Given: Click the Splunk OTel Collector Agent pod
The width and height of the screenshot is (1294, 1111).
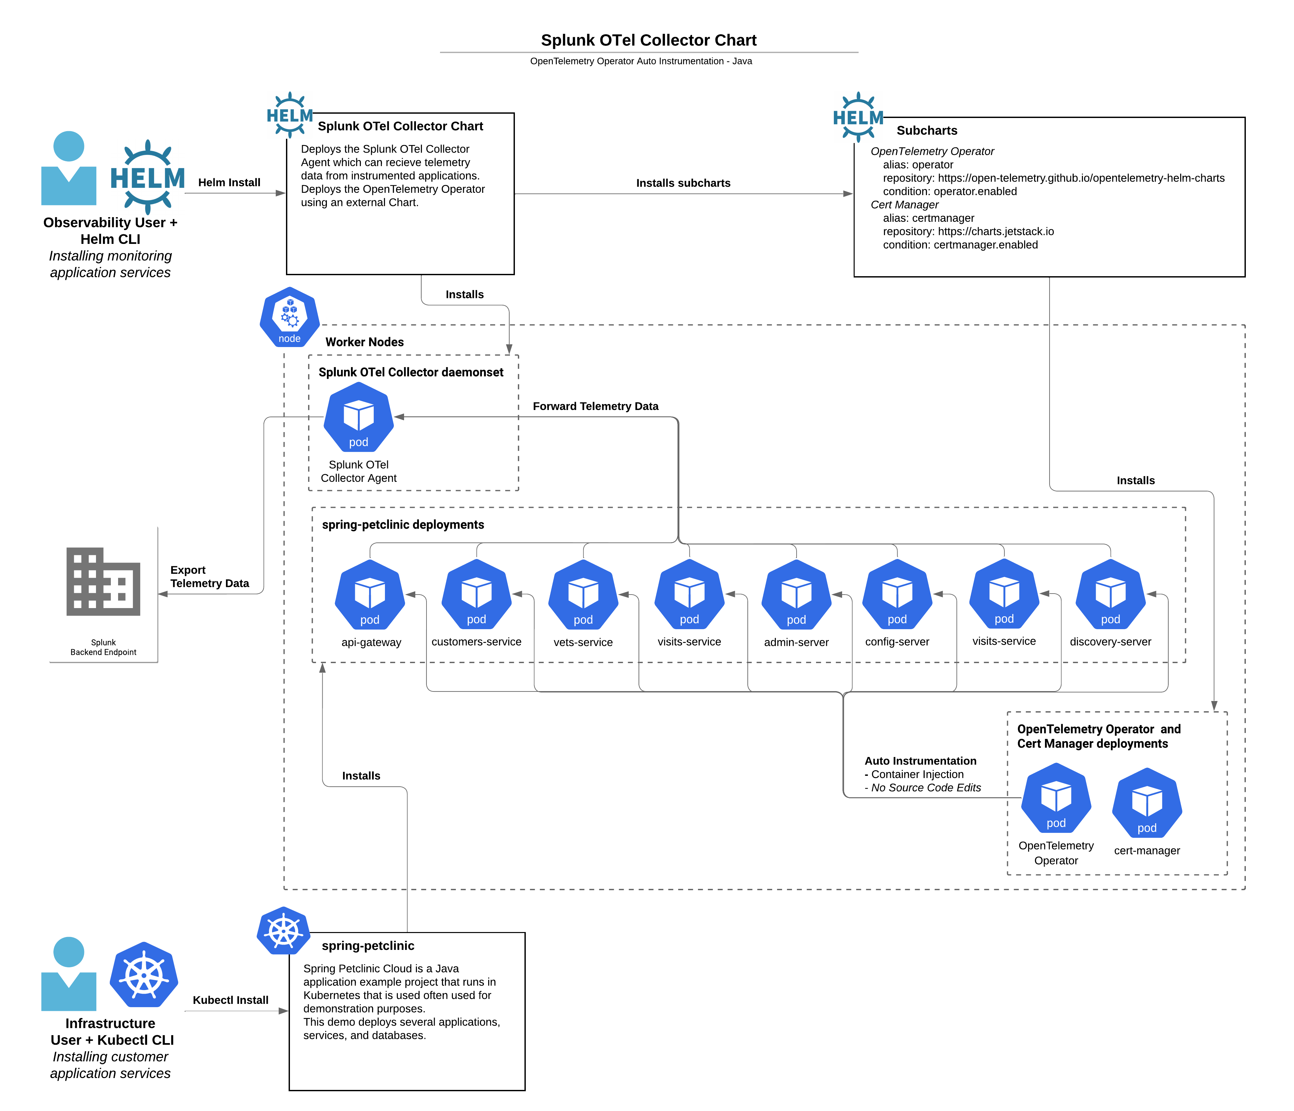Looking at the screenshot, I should click(x=359, y=417).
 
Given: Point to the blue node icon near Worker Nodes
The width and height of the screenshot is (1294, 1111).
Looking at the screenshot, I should click(x=290, y=317).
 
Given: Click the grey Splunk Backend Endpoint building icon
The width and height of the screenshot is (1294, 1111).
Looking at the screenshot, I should click(x=103, y=582).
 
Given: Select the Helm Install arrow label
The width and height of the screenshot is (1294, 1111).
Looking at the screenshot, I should click(x=229, y=182).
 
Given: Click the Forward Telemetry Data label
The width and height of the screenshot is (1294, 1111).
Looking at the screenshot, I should click(x=595, y=406).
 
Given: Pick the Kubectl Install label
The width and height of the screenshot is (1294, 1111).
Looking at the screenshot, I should click(x=231, y=1000).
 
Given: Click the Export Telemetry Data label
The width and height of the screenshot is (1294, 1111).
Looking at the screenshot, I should click(x=209, y=577).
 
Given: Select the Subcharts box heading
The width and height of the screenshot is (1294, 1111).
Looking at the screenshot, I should click(x=927, y=131).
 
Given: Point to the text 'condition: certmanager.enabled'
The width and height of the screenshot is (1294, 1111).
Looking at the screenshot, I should click(x=960, y=245).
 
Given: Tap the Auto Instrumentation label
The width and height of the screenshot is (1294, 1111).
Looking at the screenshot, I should click(x=920, y=761).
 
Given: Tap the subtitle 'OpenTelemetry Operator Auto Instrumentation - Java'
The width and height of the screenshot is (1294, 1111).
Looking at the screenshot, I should click(x=641, y=61).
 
